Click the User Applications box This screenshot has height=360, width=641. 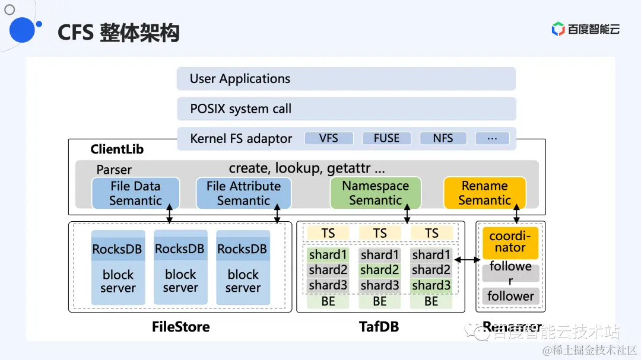(x=346, y=79)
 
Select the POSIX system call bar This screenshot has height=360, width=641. (x=346, y=109)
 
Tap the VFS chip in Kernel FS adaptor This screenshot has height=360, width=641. (x=329, y=138)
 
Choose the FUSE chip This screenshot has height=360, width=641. (x=386, y=138)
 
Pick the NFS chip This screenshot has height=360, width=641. (x=443, y=138)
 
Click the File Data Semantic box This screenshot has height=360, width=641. (x=135, y=193)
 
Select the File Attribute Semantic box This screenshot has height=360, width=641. (x=243, y=193)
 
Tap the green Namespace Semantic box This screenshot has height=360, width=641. (x=375, y=193)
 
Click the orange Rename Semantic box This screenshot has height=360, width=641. (x=484, y=193)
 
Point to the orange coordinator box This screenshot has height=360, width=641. (x=510, y=243)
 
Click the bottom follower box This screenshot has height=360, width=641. (x=510, y=295)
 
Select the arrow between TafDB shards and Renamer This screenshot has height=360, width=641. (x=467, y=260)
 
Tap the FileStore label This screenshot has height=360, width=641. (x=180, y=327)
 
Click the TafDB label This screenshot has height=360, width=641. (x=379, y=327)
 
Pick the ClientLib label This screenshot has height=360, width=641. (x=117, y=149)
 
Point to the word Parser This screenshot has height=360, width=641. (x=114, y=170)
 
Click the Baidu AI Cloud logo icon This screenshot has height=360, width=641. (x=558, y=29)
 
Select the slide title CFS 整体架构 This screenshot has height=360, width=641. (x=118, y=33)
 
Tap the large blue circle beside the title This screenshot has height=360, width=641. (x=22, y=30)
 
